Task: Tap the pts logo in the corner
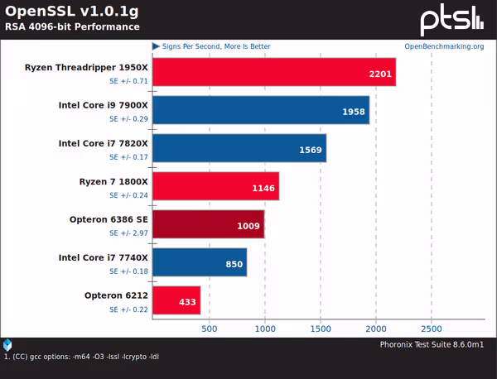[451, 20]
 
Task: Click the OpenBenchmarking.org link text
[443, 46]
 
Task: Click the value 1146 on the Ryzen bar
[263, 188]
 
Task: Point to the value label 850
[234, 264]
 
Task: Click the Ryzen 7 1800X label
[113, 181]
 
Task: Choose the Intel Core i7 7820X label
[103, 143]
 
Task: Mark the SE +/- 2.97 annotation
[128, 233]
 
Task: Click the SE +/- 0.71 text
[128, 81]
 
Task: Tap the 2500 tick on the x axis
[431, 329]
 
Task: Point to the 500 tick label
[210, 329]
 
